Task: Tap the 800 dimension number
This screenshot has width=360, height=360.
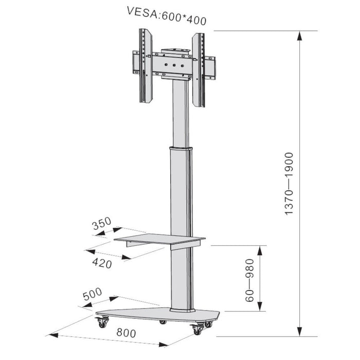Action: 126,333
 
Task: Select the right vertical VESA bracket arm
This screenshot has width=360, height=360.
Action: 199,69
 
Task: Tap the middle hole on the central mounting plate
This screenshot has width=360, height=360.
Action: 174,65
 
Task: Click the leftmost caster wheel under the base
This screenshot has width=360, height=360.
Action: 101,323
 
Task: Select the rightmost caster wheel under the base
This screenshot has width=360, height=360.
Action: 208,324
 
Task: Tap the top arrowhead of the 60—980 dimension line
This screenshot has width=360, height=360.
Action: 261,249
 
